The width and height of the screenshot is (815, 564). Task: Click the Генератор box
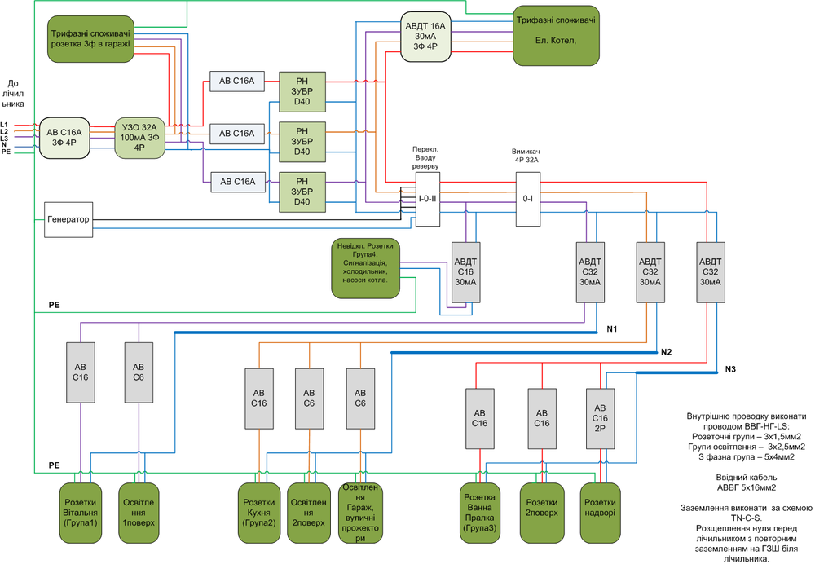[x=68, y=219]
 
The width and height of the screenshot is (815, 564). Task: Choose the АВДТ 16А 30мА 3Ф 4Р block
[x=426, y=37]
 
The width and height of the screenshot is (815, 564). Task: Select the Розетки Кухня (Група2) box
[x=259, y=513]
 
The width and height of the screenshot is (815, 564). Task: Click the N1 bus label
[x=612, y=330]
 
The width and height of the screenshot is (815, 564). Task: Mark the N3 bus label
[x=730, y=371]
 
